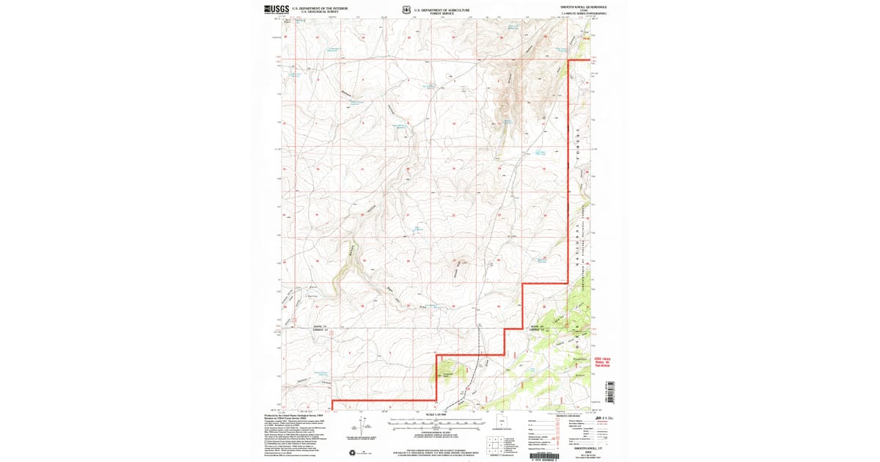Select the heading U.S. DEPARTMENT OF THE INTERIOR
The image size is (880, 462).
(x=319, y=7)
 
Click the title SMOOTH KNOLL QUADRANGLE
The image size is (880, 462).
(x=584, y=6)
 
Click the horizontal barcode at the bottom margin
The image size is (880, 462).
(x=543, y=455)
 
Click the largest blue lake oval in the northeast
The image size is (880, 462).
(x=542, y=153)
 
